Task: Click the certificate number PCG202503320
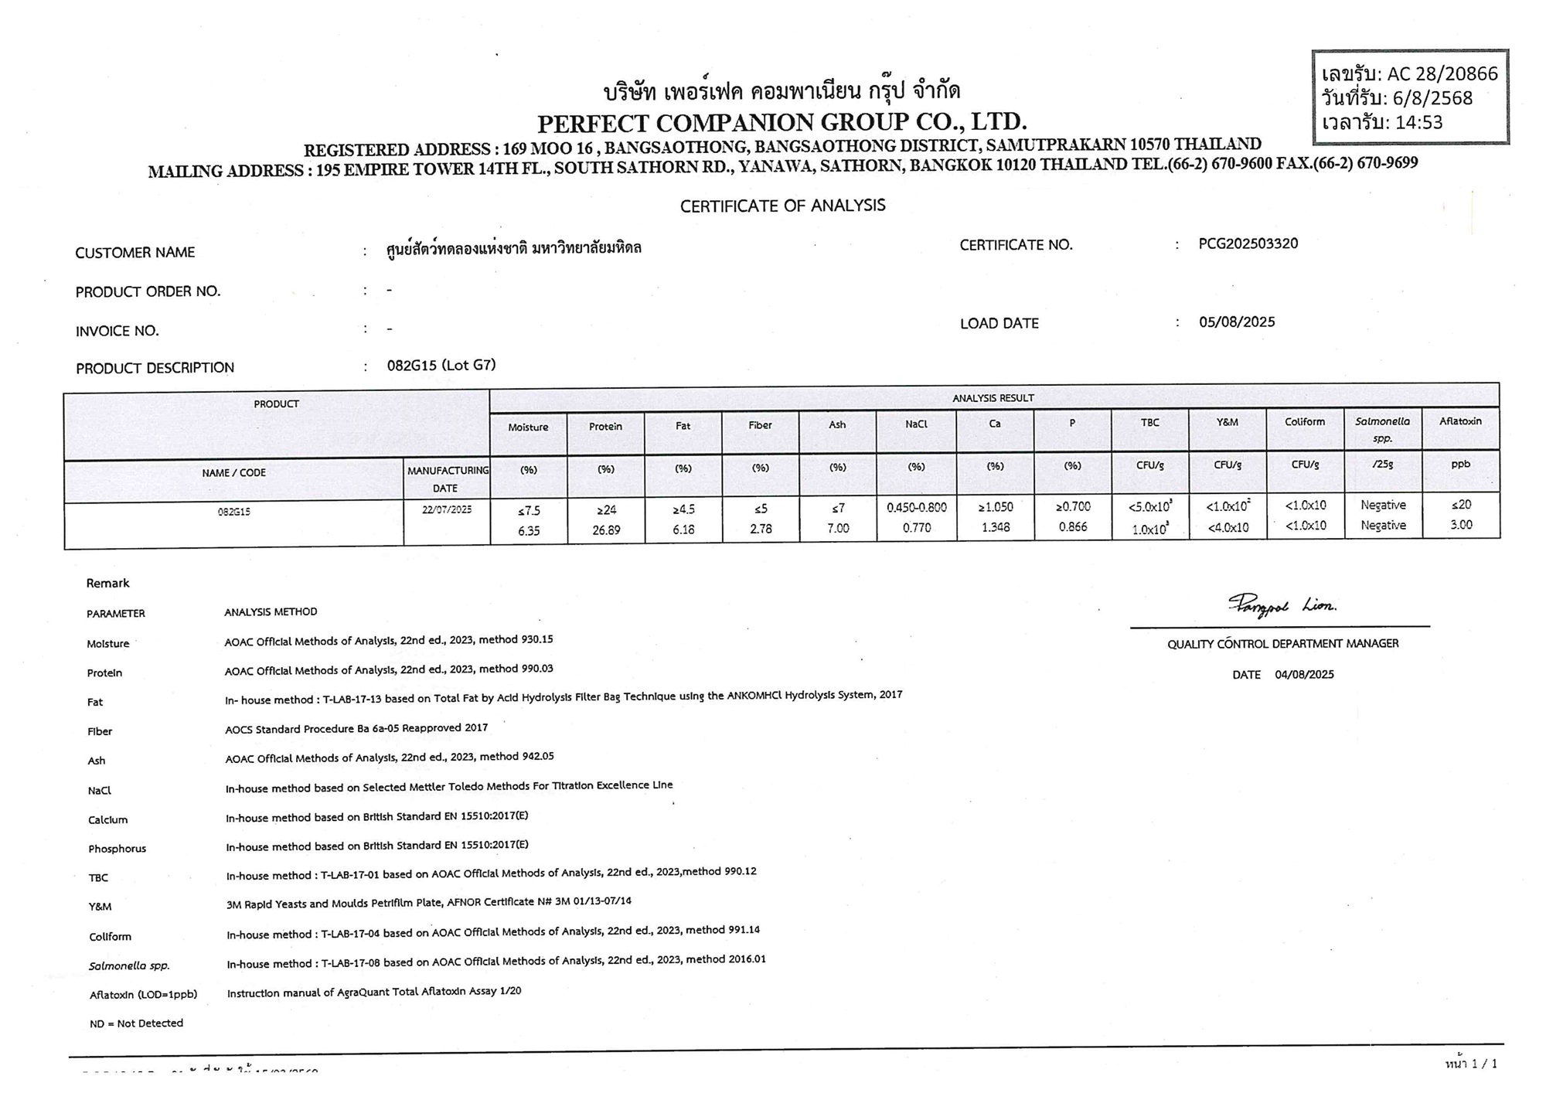(1248, 244)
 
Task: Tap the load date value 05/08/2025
(1237, 322)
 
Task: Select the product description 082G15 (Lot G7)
(441, 366)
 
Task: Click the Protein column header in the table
(605, 427)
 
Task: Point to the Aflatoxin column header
(1460, 422)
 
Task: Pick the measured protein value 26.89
(606, 530)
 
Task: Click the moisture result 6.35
(529, 531)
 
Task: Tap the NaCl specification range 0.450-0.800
(917, 507)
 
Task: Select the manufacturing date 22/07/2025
(447, 510)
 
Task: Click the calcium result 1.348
(995, 528)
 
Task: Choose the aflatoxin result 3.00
(1461, 525)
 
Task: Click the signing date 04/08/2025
(1304, 675)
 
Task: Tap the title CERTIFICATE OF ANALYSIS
(782, 206)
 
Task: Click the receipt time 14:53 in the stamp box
(1418, 123)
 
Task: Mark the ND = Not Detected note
(136, 1023)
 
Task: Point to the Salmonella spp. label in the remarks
(129, 966)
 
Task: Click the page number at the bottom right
(1471, 1064)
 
